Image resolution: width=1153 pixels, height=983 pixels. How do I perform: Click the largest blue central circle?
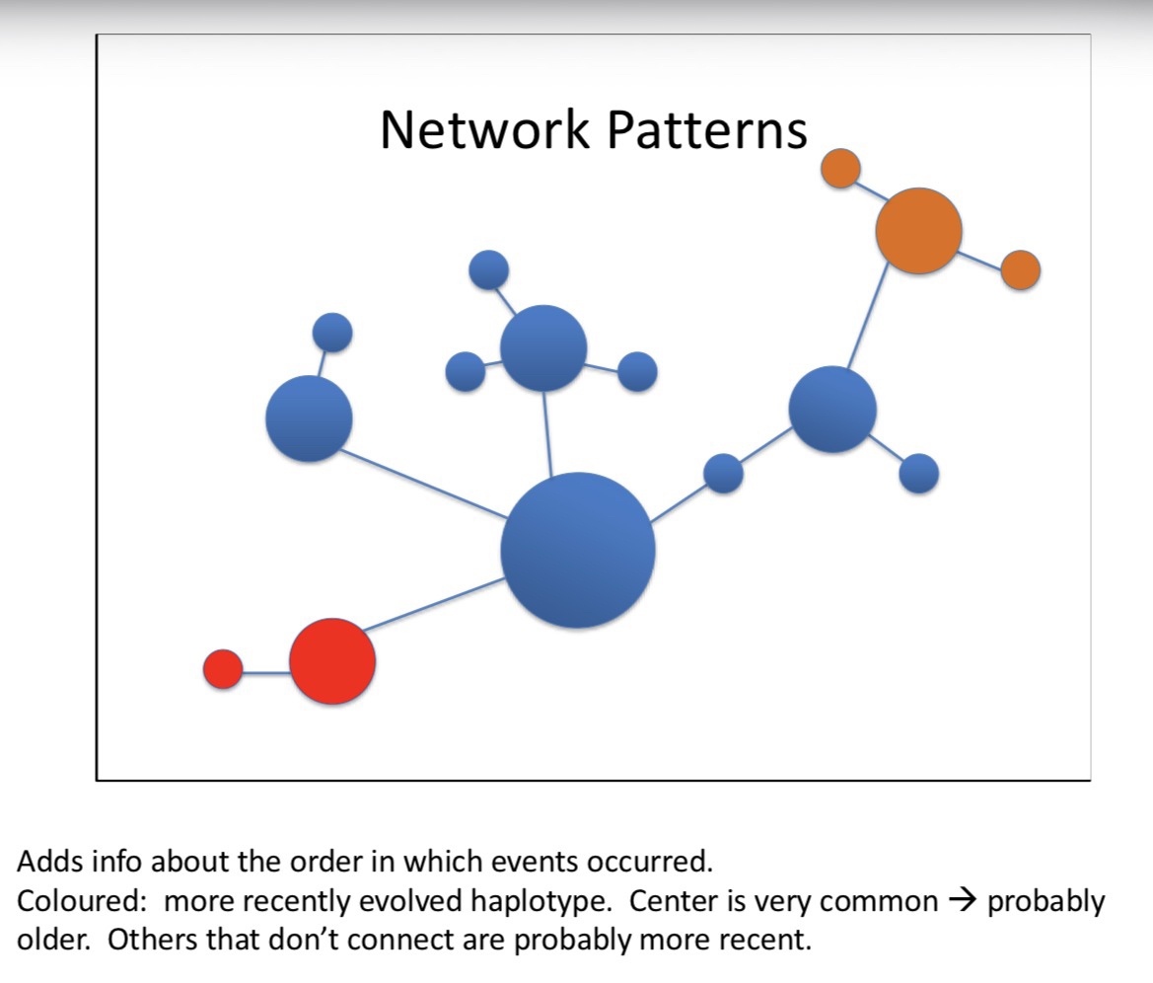[577, 550]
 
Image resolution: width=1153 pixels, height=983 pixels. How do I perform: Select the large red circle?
[332, 660]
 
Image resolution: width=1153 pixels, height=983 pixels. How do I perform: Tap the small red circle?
[223, 668]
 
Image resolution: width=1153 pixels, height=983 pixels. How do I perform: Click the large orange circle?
[918, 230]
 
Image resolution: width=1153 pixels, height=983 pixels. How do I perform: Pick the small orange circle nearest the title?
[840, 168]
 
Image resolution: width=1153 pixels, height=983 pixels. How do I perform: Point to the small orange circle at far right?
[1020, 269]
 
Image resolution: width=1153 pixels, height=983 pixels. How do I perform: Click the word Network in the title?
[484, 129]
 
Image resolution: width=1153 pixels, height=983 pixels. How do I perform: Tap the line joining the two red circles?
[265, 672]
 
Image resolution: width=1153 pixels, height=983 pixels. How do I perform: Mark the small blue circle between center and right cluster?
[723, 473]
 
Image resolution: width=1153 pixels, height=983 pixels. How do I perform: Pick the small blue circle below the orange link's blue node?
[918, 473]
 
